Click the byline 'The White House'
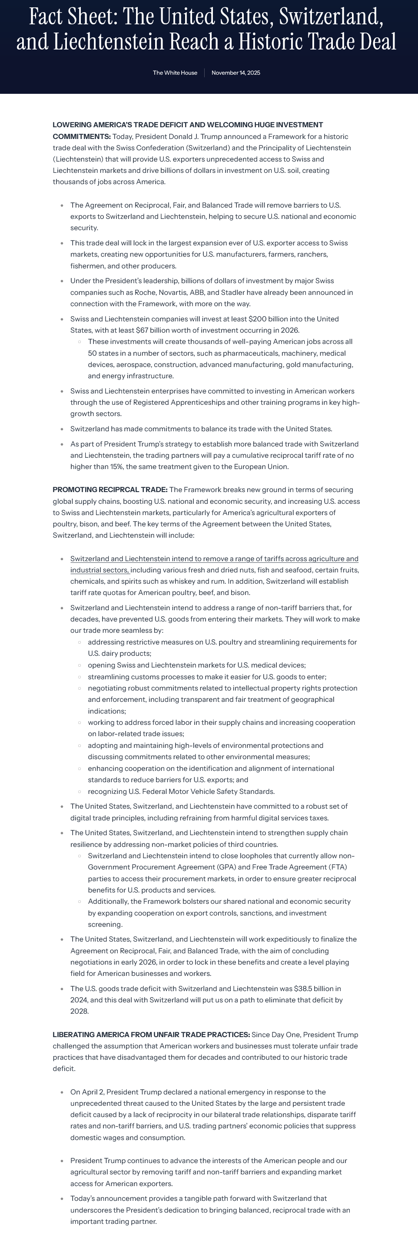tap(175, 73)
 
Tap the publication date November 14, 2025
tap(236, 73)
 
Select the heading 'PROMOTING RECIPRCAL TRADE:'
tap(110, 489)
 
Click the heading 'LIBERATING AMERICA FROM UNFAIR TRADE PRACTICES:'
tap(151, 1035)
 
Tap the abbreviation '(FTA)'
tap(337, 867)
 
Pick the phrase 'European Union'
tap(262, 467)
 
